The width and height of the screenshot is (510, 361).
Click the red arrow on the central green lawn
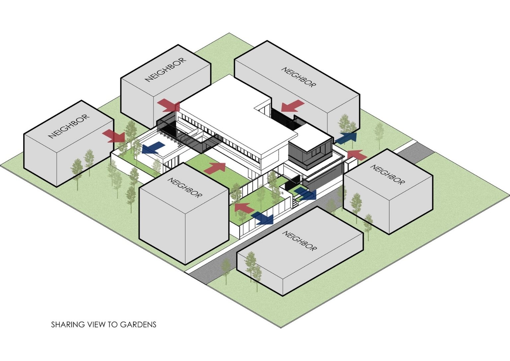coord(215,168)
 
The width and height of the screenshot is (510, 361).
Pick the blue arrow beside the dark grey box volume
coord(346,138)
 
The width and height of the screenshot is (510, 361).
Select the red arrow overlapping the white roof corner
coord(169,105)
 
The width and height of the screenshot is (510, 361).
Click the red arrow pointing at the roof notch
coord(292,106)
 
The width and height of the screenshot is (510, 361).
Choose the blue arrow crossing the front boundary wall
coord(262,218)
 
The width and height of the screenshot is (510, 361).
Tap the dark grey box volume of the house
coord(309,151)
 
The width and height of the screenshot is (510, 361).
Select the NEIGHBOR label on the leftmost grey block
coord(69,126)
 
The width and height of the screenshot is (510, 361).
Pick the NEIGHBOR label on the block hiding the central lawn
coord(185,188)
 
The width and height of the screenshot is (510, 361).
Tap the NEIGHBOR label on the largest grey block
coord(298,77)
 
